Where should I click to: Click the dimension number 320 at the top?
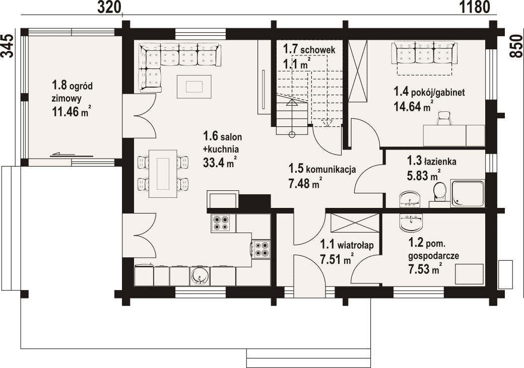(x=108, y=7)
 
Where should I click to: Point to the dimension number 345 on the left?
(x=8, y=46)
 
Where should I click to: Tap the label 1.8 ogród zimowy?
(x=72, y=91)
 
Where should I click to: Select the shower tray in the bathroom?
(x=468, y=193)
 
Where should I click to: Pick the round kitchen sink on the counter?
(x=200, y=276)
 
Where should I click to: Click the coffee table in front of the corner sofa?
(x=194, y=87)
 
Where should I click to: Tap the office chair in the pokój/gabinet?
(x=444, y=118)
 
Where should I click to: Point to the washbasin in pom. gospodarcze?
(x=411, y=222)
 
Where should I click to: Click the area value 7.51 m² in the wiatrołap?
(x=337, y=259)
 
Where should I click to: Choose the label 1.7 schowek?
(x=309, y=50)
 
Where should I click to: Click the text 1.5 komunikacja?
(x=322, y=169)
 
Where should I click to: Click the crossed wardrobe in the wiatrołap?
(x=355, y=223)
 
